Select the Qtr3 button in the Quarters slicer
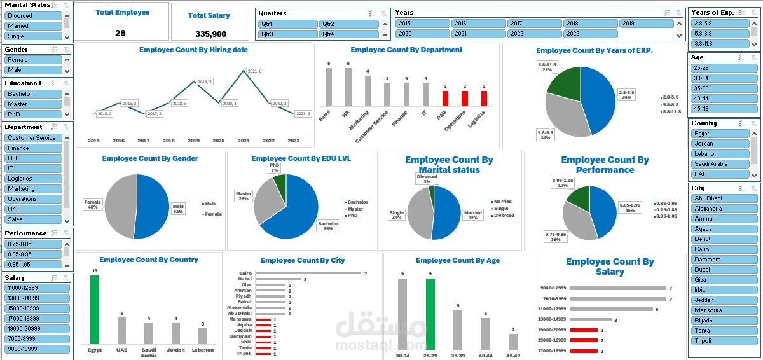(x=287, y=34)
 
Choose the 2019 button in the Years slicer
(x=646, y=24)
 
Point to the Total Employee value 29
(x=120, y=33)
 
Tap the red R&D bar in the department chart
(x=445, y=99)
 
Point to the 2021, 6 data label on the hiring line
(x=254, y=71)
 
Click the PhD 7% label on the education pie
(x=274, y=168)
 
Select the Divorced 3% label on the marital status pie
(x=427, y=179)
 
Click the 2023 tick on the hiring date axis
(x=294, y=141)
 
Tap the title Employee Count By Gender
(x=150, y=158)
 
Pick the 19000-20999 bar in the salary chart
(x=584, y=330)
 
